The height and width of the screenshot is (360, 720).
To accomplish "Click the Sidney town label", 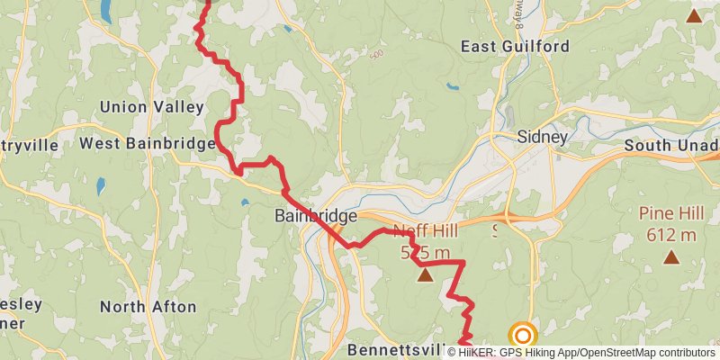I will tap(542, 138).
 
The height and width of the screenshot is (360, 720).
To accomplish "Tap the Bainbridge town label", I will tap(315, 216).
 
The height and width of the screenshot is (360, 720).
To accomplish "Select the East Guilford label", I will tap(515, 46).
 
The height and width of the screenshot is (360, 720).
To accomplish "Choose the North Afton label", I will tap(148, 307).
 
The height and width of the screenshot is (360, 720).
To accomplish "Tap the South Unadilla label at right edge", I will tap(670, 145).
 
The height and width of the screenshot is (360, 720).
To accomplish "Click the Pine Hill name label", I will tap(670, 214).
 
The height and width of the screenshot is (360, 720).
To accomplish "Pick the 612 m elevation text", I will tap(670, 235).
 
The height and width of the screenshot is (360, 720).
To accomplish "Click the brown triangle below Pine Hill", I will tap(670, 258).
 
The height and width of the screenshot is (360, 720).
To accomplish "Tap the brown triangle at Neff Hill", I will tap(425, 274).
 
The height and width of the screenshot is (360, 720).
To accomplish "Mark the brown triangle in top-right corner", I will tap(693, 14).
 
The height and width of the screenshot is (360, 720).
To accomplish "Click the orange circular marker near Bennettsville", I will tap(522, 334).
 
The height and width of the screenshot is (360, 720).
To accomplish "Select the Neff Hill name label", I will tap(425, 231).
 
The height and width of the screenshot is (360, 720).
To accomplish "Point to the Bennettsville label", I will tap(396, 348).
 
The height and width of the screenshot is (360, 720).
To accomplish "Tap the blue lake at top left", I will tap(106, 11).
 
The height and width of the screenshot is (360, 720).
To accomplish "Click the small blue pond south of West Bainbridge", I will tap(101, 186).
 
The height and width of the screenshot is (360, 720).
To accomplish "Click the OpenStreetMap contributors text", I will tap(647, 352).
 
